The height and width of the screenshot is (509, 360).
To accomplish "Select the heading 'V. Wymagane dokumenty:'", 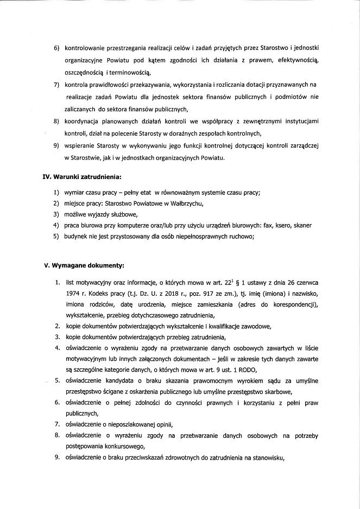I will coord(84,265).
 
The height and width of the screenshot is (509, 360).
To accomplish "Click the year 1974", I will coord(72,294).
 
